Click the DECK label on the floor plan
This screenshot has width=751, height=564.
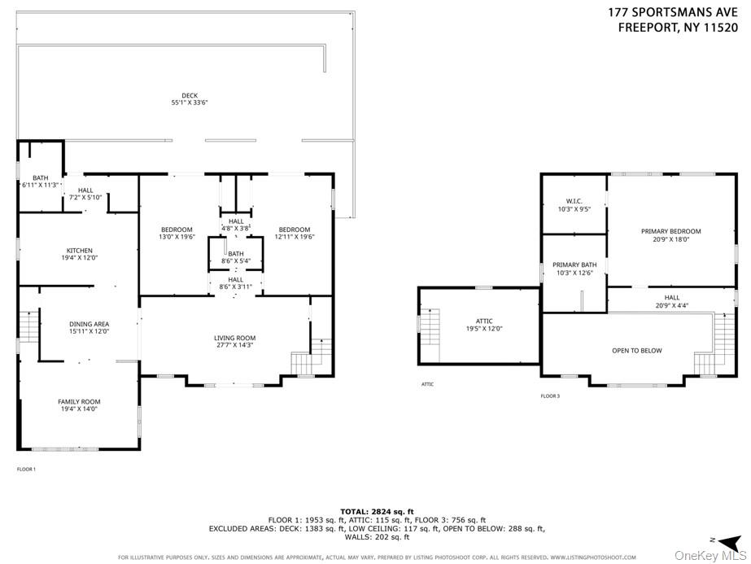tap(190, 95)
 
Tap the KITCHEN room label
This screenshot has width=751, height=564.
tap(80, 250)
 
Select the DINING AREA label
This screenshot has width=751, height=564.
tap(89, 324)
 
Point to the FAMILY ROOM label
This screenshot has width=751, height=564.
tap(79, 401)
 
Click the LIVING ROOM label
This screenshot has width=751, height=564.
tap(235, 338)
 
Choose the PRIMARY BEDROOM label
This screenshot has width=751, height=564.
tap(670, 231)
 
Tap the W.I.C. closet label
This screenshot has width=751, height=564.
tap(574, 202)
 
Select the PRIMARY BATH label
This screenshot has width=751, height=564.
tap(574, 265)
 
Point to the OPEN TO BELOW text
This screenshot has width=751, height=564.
tap(637, 351)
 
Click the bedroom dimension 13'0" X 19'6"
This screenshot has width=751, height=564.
tap(177, 237)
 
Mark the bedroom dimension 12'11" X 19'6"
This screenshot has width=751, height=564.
tap(295, 237)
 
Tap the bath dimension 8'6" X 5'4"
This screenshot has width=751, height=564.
tap(236, 261)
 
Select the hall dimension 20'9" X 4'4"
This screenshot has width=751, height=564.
tap(671, 305)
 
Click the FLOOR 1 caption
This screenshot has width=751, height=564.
tap(26, 470)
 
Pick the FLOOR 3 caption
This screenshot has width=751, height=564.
tap(550, 396)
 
